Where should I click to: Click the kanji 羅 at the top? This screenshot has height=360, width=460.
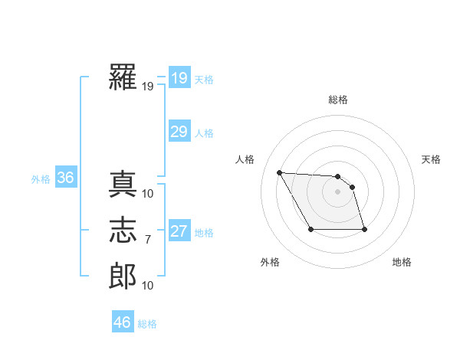click(x=123, y=78)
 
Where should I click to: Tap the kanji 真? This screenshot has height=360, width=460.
click(x=123, y=185)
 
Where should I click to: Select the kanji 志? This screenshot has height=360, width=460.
click(x=123, y=231)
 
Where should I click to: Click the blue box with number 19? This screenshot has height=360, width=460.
click(x=179, y=77)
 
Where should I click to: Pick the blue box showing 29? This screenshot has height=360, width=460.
click(x=179, y=132)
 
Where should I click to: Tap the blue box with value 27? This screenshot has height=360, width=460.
click(x=179, y=231)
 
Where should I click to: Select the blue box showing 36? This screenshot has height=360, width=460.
click(x=65, y=178)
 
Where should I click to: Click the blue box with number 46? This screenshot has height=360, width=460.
click(x=122, y=322)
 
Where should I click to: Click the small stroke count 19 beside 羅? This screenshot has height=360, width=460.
click(x=147, y=87)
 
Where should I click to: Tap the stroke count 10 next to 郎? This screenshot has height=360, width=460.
click(x=148, y=286)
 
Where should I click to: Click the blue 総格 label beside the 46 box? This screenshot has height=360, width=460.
click(x=147, y=324)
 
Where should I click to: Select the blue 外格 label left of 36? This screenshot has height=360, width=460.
click(x=41, y=179)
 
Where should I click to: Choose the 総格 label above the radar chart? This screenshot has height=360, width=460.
click(x=338, y=100)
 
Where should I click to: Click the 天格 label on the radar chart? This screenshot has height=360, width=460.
click(x=431, y=159)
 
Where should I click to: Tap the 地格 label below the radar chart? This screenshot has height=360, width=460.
click(x=402, y=262)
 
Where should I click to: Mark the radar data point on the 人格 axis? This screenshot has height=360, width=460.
click(x=279, y=172)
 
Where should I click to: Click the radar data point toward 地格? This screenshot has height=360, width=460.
click(x=364, y=229)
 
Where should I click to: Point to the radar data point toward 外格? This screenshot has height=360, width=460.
click(x=310, y=229)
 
